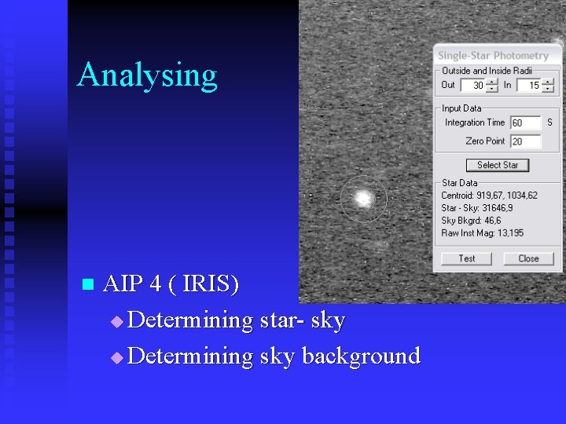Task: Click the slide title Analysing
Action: pos(147,75)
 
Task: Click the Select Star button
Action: pos(498,165)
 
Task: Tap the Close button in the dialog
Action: pos(528,258)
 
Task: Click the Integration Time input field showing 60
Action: pos(525,122)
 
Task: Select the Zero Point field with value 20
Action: pos(525,141)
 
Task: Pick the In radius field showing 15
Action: pos(529,86)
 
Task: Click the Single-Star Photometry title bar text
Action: pos(493,56)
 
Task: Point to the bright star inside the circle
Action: pos(362,199)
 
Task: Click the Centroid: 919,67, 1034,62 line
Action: pos(489,196)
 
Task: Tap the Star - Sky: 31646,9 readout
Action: pos(476,208)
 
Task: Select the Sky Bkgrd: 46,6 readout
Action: pos(471,221)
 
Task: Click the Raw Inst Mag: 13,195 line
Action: pos(482,233)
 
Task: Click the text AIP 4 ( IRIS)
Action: pos(171,283)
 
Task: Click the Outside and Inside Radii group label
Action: pos(487,71)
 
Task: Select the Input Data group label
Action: pos(461,108)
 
